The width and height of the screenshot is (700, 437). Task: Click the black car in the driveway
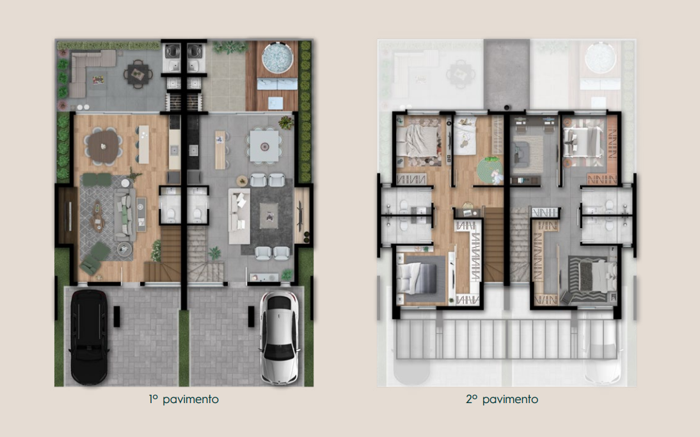[x=89, y=337]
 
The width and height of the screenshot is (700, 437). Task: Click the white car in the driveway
[x=279, y=337]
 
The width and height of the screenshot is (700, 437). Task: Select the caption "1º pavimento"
[x=184, y=399]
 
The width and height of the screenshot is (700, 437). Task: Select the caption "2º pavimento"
[x=502, y=399]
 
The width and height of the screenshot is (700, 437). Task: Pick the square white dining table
[x=264, y=146]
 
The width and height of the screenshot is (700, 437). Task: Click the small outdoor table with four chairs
[x=138, y=74]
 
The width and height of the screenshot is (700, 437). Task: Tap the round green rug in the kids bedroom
[x=489, y=171]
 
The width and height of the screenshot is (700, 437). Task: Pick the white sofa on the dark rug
[x=239, y=216]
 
